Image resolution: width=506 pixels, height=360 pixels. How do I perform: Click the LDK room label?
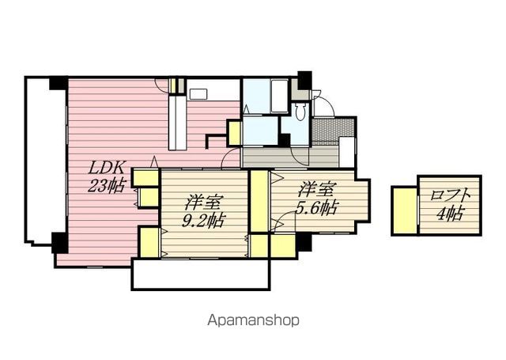click(x=107, y=168)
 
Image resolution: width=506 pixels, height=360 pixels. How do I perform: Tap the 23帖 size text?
click(x=107, y=186)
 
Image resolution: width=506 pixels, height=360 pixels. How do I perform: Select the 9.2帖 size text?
click(x=203, y=221)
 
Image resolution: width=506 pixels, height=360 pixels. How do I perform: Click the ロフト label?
click(x=451, y=196)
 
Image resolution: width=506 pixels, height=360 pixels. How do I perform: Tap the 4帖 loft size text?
click(x=451, y=214)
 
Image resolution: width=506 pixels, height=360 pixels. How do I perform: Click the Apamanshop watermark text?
click(x=253, y=320)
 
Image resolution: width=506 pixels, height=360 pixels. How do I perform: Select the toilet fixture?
click(x=300, y=112)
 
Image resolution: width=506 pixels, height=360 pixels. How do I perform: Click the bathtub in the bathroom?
click(x=279, y=96)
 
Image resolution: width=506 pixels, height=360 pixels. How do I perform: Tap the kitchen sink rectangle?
click(x=196, y=94)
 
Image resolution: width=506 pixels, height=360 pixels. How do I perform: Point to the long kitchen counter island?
click(x=177, y=122)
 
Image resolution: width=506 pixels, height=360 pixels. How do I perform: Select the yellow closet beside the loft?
click(x=405, y=210)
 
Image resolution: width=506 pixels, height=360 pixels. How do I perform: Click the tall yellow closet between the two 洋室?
click(x=259, y=201)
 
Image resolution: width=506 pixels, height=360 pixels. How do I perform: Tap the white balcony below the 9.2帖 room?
click(x=201, y=275)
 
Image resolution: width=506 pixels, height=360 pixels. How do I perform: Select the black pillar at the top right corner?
click(x=304, y=81)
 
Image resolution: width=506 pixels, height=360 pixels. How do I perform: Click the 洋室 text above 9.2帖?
click(x=203, y=203)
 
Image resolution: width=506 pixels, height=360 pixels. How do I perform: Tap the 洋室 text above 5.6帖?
click(x=317, y=190)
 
